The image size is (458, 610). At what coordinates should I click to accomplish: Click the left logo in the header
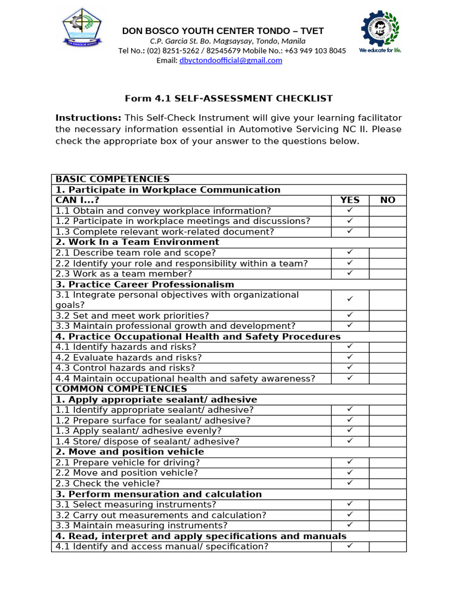82,27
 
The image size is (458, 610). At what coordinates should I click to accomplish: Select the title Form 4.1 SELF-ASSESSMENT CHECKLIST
228,98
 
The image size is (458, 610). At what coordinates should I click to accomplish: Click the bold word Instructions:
88,118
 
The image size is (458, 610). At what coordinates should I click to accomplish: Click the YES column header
350,200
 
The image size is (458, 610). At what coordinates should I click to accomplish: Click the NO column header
388,200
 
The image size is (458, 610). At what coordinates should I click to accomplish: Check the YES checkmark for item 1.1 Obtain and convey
350,210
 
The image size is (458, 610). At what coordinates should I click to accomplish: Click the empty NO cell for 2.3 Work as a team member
388,273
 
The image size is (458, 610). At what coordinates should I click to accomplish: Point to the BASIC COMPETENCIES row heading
113,179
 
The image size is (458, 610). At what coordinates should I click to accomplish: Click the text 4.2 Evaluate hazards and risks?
129,357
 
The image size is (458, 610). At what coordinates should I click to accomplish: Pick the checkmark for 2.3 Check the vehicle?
350,483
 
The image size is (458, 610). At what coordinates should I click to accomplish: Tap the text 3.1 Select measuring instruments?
136,505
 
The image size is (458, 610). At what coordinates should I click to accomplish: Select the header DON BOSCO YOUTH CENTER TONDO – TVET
223,31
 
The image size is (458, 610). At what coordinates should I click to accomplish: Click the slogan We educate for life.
380,51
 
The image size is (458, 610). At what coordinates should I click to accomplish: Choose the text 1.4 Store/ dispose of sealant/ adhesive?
147,441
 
